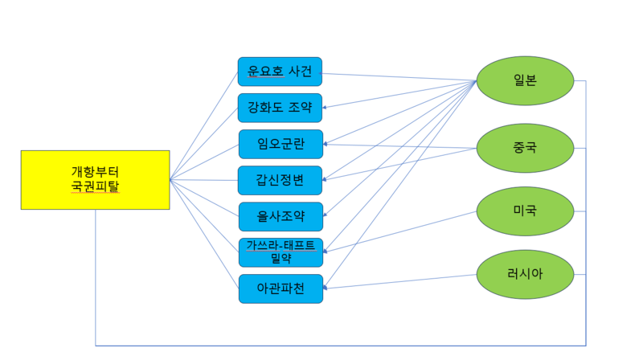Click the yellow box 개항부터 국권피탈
(95, 179)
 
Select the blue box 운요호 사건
(280, 72)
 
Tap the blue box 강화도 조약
(280, 108)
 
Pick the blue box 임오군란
(281, 144)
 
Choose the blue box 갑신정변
(281, 180)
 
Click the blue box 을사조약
(281, 216)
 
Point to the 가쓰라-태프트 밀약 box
(281, 252)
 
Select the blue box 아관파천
(281, 288)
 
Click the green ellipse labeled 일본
(525, 81)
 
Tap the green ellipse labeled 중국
(525, 148)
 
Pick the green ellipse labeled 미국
(525, 211)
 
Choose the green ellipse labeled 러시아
(525, 274)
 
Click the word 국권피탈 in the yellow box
(95, 187)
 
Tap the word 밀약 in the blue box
(281, 259)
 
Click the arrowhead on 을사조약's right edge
(326, 216)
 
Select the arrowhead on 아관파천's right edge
(326, 287)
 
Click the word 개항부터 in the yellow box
(95, 171)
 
